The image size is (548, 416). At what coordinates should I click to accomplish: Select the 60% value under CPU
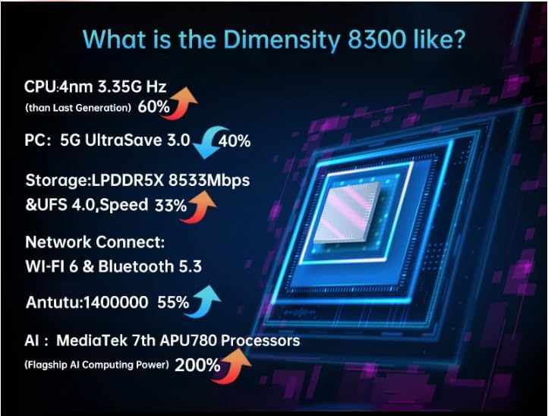(x=154, y=107)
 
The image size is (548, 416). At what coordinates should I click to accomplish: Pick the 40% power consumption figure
(x=235, y=141)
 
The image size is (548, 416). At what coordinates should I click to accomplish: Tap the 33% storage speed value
(x=170, y=205)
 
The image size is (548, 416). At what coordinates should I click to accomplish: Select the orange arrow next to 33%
(x=200, y=203)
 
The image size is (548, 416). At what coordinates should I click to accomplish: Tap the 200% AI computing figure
(x=197, y=365)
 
